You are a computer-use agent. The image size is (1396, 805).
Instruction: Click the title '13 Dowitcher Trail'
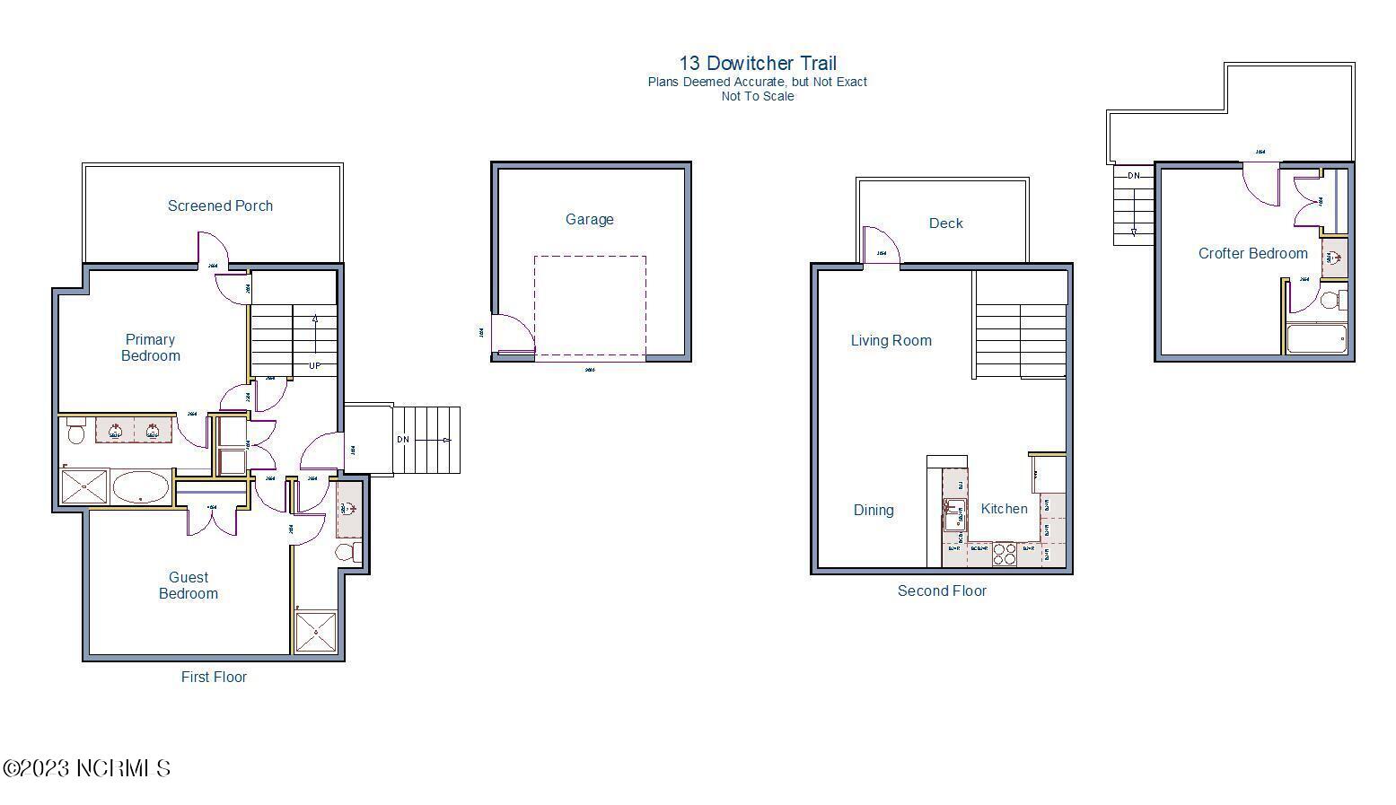(x=758, y=63)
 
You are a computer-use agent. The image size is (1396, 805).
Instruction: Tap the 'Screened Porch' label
(x=220, y=206)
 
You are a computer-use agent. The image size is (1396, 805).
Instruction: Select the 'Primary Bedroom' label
(x=150, y=347)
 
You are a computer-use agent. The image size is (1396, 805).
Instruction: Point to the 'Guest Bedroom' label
(x=189, y=585)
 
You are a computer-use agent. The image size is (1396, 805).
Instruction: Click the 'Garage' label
(x=590, y=219)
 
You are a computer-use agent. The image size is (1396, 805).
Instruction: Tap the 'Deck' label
(x=945, y=223)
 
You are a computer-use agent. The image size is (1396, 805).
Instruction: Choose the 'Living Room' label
(x=891, y=340)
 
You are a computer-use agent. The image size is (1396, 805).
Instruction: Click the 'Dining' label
(x=874, y=510)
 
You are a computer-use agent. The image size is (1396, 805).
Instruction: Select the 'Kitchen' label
(x=1004, y=509)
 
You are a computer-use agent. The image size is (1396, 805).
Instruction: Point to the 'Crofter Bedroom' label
(x=1252, y=253)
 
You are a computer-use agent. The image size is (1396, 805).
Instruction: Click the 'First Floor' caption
(x=214, y=677)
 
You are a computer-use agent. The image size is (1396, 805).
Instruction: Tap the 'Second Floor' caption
(x=942, y=591)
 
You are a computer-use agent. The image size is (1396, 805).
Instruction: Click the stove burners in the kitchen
(x=1005, y=554)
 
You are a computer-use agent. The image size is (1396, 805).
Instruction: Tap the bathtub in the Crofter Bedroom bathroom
(x=1316, y=338)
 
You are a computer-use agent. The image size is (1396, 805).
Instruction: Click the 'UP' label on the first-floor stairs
(x=314, y=365)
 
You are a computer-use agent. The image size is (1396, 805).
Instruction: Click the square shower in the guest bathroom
(x=316, y=631)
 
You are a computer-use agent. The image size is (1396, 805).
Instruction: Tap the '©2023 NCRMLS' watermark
(x=87, y=768)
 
